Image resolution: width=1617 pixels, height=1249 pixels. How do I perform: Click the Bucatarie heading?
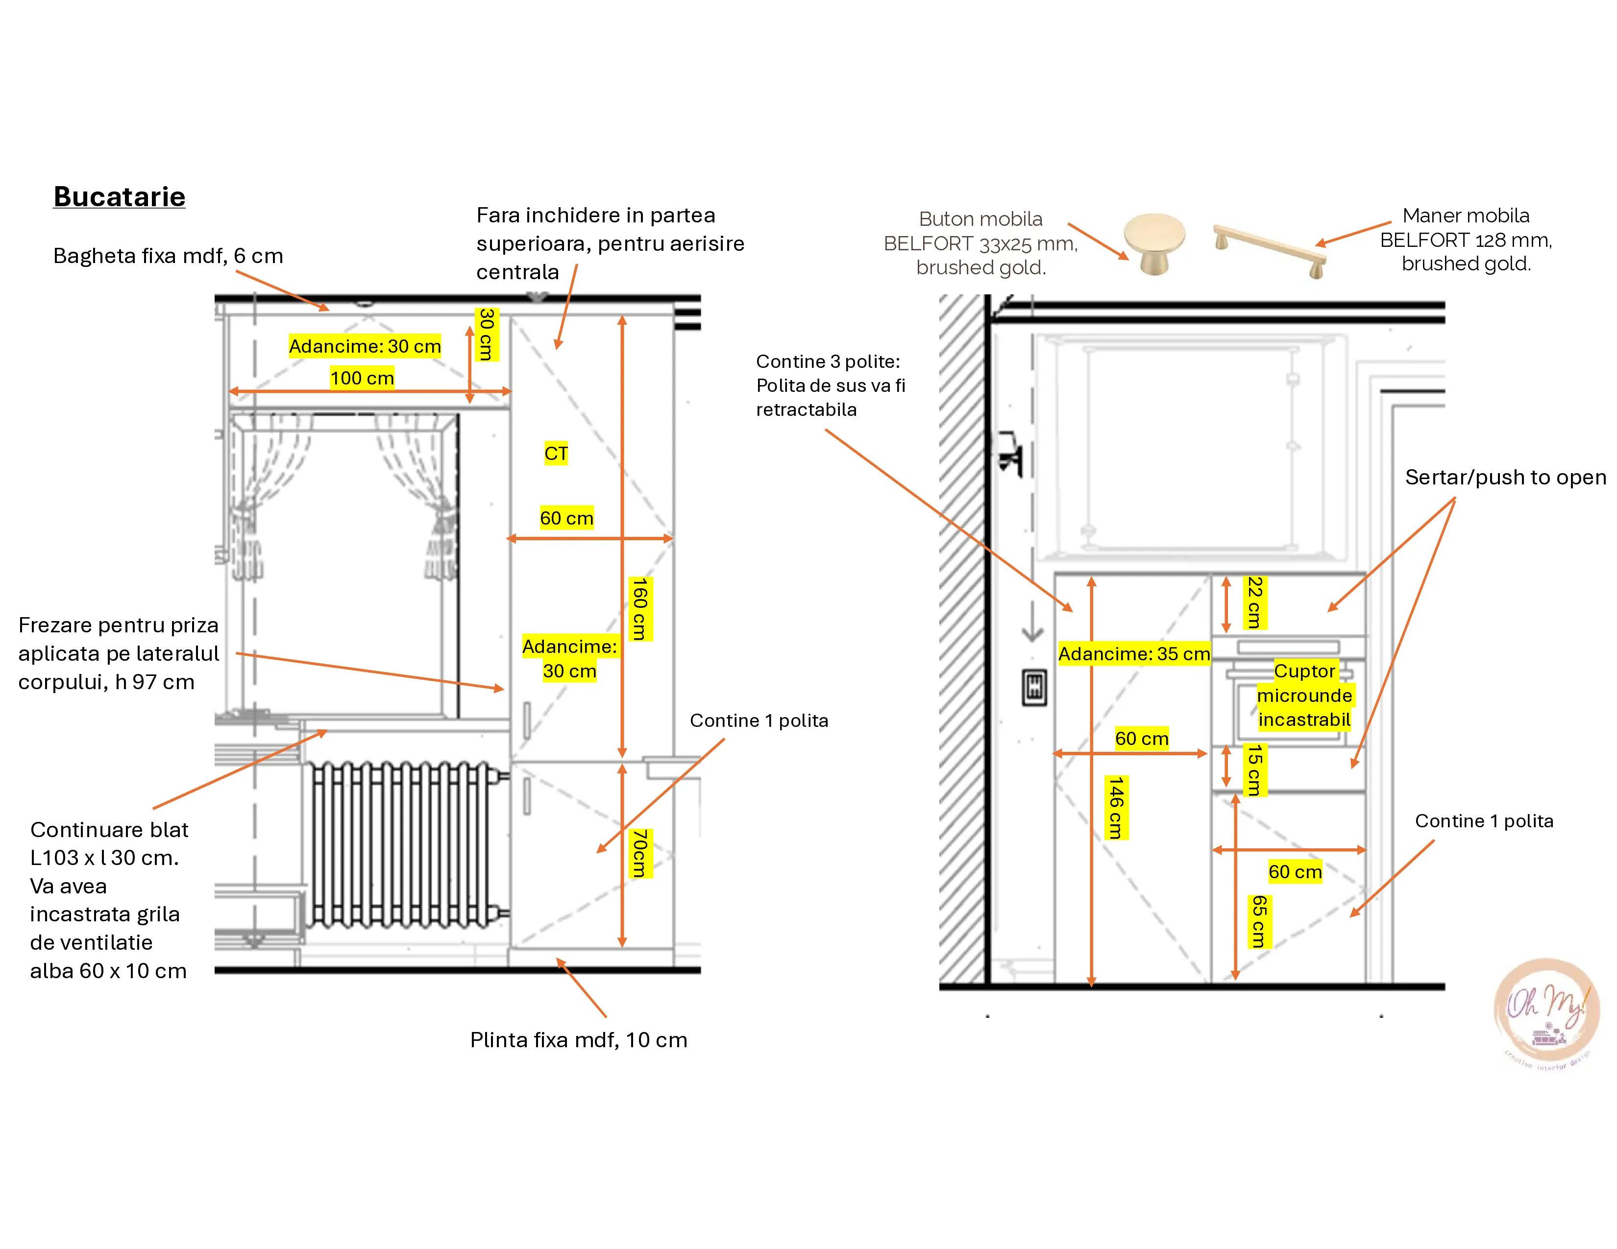119,197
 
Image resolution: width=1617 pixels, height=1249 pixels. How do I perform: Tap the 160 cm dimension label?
639,608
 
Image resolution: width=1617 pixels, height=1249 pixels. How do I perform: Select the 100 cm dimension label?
362,378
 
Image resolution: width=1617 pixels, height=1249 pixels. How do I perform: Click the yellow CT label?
556,453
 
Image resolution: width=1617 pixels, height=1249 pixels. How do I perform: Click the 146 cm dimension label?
1117,807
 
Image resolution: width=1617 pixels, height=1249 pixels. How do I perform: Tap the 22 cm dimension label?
1254,602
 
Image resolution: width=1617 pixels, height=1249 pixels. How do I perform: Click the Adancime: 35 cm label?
1133,653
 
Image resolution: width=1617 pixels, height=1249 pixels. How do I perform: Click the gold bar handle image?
1270,251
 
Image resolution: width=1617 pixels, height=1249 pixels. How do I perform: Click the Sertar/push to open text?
1506,477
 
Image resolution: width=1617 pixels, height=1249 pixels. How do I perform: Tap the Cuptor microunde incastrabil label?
1304,695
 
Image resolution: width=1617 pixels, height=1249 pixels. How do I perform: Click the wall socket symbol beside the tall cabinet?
1034,687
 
